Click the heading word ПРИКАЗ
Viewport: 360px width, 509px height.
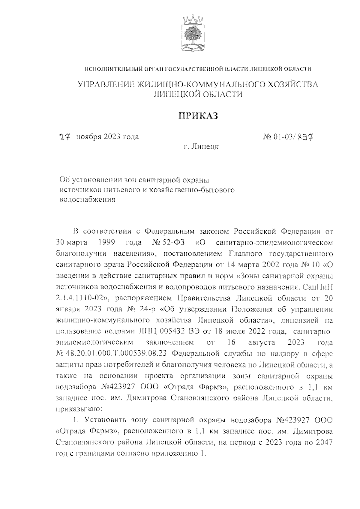pos(198,116)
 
